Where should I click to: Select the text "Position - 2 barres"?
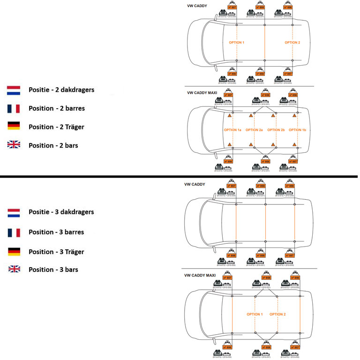coord(60,108)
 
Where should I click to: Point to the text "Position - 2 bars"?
coord(53,145)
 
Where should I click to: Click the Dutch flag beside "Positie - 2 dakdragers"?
coord(14,90)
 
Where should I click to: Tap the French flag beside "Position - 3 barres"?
coord(14,232)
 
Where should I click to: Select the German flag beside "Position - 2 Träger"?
coord(14,127)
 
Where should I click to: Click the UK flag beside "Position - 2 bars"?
coord(14,145)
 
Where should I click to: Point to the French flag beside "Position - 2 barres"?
coord(14,108)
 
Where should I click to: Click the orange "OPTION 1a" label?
coord(232,130)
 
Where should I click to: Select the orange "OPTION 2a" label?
coord(254,130)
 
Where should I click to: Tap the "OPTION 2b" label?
coord(276,130)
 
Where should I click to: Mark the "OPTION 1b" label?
coord(297,130)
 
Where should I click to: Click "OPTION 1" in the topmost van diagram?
coord(236,43)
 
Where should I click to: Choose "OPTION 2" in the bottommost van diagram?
coord(277,314)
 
